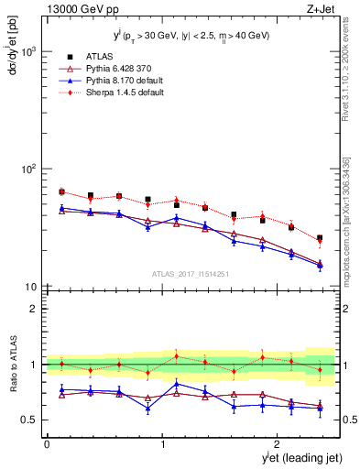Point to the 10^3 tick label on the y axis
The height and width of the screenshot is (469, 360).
(28, 52)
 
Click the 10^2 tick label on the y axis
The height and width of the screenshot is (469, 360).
(28, 169)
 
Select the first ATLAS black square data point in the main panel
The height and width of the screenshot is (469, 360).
(61, 191)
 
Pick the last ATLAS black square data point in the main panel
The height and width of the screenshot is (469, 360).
(320, 238)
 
